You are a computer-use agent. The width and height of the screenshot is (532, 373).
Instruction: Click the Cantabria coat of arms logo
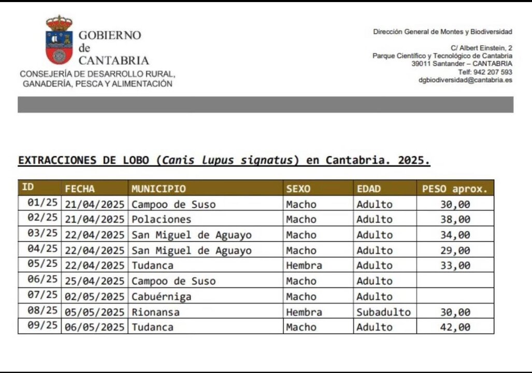tap(59, 40)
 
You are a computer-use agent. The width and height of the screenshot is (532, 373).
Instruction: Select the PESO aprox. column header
tap(455, 189)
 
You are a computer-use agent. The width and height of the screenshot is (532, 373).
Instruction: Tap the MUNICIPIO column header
tap(159, 189)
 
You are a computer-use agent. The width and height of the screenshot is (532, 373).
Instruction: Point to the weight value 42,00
tap(455, 327)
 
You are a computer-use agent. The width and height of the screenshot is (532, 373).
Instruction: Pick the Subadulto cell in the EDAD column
tap(383, 312)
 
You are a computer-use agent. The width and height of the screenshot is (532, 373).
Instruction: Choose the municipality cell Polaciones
tap(161, 220)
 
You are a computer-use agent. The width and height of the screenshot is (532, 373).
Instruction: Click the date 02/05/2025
tap(95, 297)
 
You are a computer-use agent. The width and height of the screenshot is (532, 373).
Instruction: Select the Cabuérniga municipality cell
tap(161, 297)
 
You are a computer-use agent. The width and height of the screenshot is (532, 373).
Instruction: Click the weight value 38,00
tap(455, 220)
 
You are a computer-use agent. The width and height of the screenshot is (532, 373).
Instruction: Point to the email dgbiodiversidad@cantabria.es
tap(465, 80)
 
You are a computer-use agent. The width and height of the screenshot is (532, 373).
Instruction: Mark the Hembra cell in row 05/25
tap(304, 266)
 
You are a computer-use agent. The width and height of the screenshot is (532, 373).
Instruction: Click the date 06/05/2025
tap(95, 327)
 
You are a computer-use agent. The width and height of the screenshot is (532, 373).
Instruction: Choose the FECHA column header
tap(80, 189)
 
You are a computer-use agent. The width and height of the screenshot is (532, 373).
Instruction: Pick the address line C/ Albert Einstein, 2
tap(481, 48)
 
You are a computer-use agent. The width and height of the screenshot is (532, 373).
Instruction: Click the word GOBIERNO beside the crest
tap(109, 35)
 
